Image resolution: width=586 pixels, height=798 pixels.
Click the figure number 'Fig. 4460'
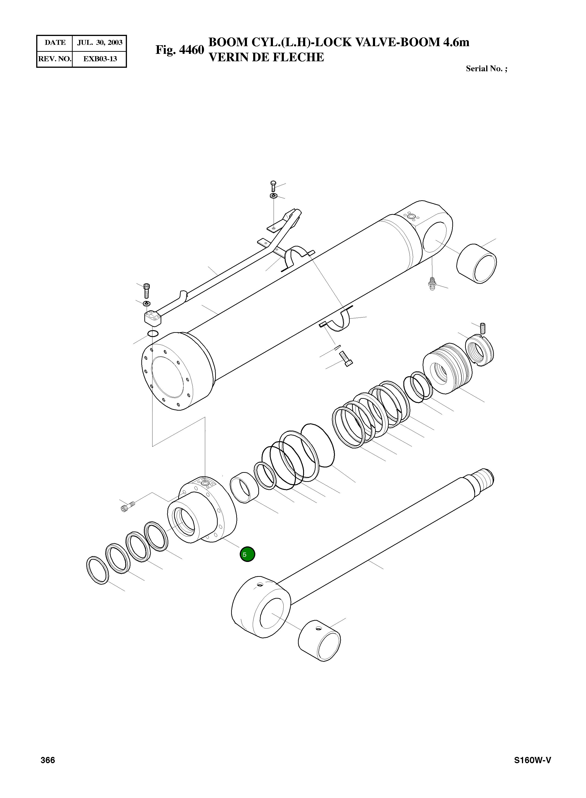point(180,50)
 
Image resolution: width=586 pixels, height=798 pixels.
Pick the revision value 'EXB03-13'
point(100,59)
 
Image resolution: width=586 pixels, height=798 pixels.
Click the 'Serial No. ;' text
point(486,69)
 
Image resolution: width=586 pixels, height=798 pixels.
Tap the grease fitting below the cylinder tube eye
point(432,284)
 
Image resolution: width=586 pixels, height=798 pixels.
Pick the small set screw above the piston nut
point(482,328)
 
